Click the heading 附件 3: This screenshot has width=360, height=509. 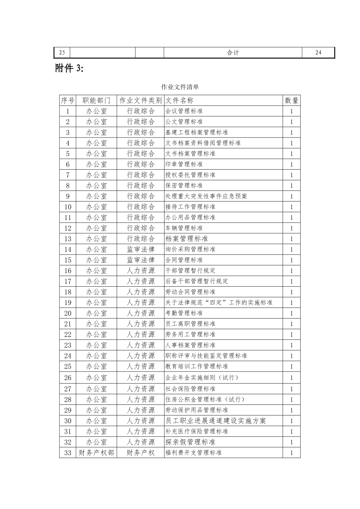point(69,68)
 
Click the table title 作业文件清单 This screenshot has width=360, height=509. point(180,87)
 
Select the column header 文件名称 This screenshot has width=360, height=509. point(180,100)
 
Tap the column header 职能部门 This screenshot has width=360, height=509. point(96,100)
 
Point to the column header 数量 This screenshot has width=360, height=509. point(291,100)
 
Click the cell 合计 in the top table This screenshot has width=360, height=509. point(233,53)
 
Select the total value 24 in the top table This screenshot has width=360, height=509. point(318,53)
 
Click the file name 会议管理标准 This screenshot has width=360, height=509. point(184,111)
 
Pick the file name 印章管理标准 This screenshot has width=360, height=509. point(184,164)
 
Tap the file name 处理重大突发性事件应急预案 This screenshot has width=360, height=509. point(206,196)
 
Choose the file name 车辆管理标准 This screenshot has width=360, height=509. point(184,228)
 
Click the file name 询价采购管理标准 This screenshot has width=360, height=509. point(190,249)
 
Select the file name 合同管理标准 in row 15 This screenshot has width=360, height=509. point(184,260)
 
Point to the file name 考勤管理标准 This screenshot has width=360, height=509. point(184,313)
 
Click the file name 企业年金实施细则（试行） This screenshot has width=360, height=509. point(202,378)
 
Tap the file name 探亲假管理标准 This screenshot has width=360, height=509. point(190,442)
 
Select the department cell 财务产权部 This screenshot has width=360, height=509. point(96,453)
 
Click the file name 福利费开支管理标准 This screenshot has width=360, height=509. point(194,453)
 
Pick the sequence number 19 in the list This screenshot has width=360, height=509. point(68,303)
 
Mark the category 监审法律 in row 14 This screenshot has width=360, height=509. point(141,249)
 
